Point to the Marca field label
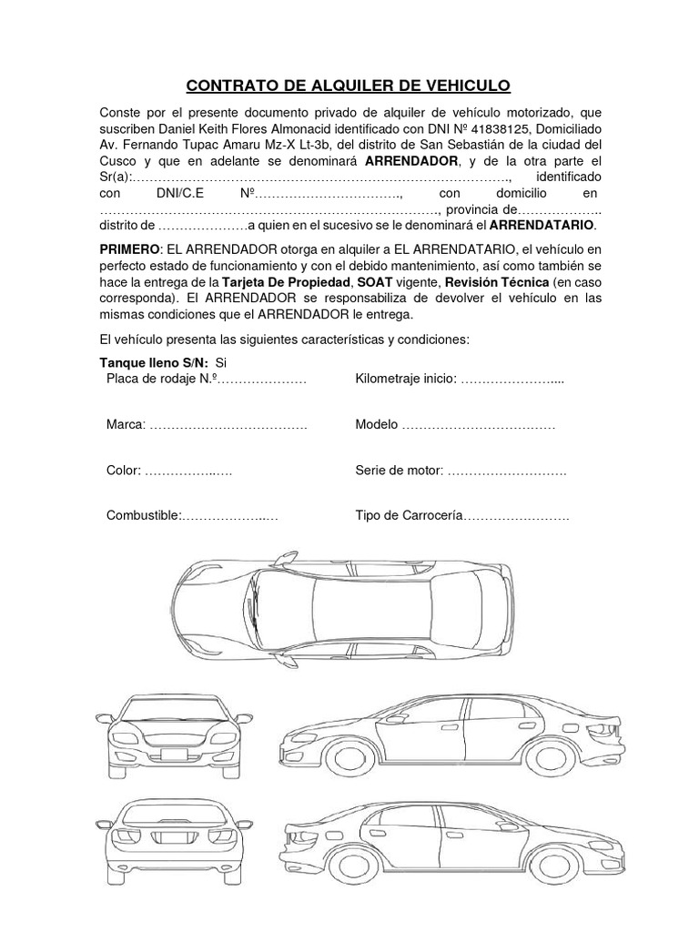pyautogui.click(x=126, y=426)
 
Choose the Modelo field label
pyautogui.click(x=377, y=426)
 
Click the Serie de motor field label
pyautogui.click(x=399, y=471)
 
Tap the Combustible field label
pyautogui.click(x=144, y=516)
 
